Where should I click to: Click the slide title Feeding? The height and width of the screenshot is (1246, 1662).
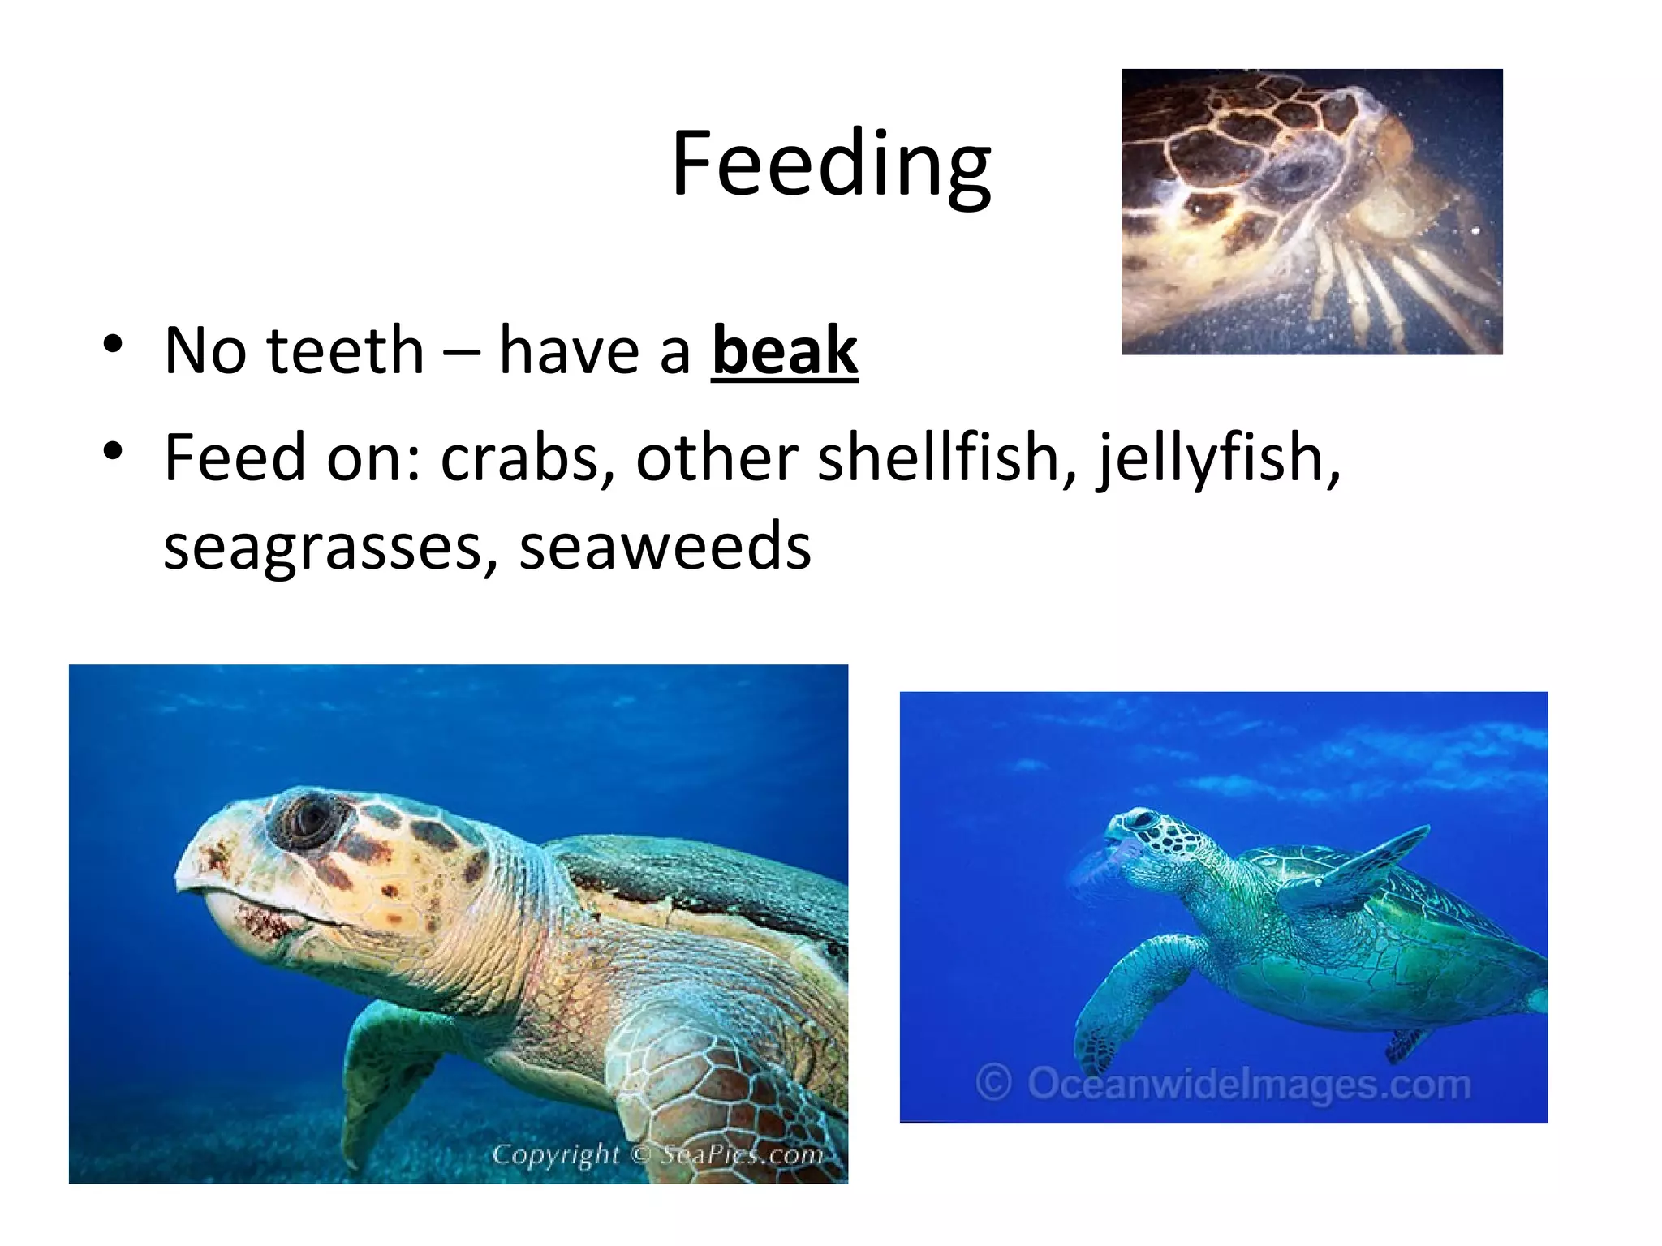point(830,165)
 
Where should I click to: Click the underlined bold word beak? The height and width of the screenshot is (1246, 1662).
point(784,350)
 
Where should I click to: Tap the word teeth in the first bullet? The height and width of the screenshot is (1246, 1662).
point(345,350)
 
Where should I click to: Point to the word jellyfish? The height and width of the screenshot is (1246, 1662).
point(1217,458)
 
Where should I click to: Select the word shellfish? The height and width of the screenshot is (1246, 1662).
point(946,458)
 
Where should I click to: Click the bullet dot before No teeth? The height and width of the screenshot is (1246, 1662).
point(113,344)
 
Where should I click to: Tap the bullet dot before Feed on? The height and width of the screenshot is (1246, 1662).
point(113,451)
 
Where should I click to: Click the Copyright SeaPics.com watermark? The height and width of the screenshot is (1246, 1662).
point(657,1154)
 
